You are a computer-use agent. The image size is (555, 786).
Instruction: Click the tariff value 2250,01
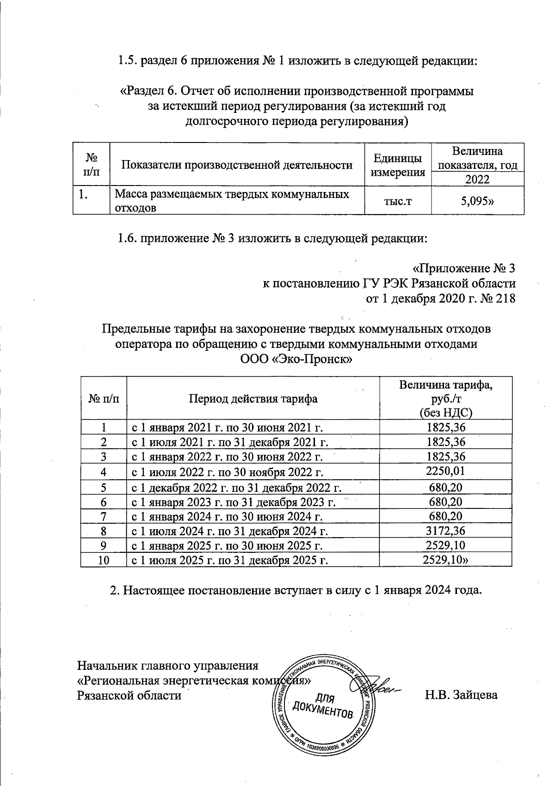click(445, 471)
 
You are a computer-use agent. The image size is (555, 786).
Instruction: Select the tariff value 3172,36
click(445, 531)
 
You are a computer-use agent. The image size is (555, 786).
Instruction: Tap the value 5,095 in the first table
click(477, 201)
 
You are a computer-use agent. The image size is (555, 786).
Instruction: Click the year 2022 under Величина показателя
click(477, 179)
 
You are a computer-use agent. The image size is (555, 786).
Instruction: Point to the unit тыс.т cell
click(398, 201)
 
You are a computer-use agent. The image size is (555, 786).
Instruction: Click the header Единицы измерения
click(398, 165)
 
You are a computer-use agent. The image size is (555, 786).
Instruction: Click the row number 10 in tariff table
click(104, 561)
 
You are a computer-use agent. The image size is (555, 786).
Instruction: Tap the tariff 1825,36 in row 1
click(445, 427)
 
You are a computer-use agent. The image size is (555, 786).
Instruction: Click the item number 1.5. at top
click(127, 60)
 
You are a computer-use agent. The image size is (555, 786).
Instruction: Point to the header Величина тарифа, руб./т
click(445, 391)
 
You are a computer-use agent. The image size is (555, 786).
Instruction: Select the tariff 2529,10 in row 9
click(445, 546)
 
